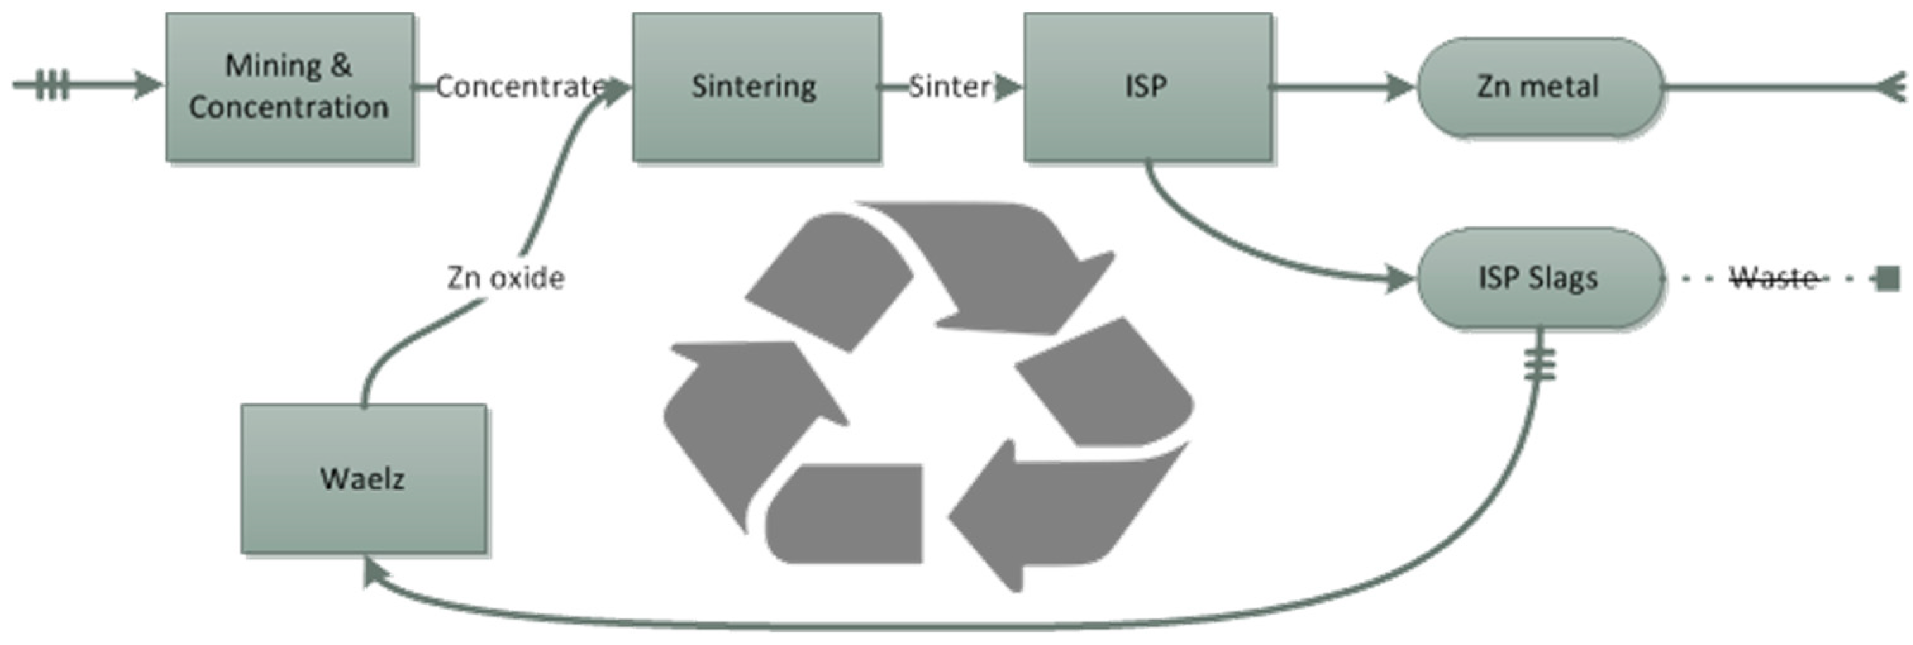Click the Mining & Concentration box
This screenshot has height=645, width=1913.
click(290, 86)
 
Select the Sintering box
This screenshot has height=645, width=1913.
click(756, 86)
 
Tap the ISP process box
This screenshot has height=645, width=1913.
click(1147, 86)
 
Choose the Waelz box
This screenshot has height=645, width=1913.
click(363, 479)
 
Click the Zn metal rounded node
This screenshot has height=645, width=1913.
click(1539, 87)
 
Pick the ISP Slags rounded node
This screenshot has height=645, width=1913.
click(1539, 278)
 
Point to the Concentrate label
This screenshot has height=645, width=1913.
click(520, 87)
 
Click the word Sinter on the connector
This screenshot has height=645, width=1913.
click(949, 87)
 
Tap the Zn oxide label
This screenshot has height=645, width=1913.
click(506, 278)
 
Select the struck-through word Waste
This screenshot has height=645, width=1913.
click(1773, 278)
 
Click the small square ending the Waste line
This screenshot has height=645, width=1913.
click(1887, 279)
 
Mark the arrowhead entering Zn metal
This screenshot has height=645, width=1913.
click(1400, 87)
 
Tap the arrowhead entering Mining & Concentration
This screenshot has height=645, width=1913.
click(148, 85)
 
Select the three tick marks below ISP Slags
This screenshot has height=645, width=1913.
click(1540, 364)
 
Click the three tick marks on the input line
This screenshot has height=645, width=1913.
click(52, 85)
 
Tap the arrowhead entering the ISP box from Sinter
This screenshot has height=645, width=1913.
click(1007, 87)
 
